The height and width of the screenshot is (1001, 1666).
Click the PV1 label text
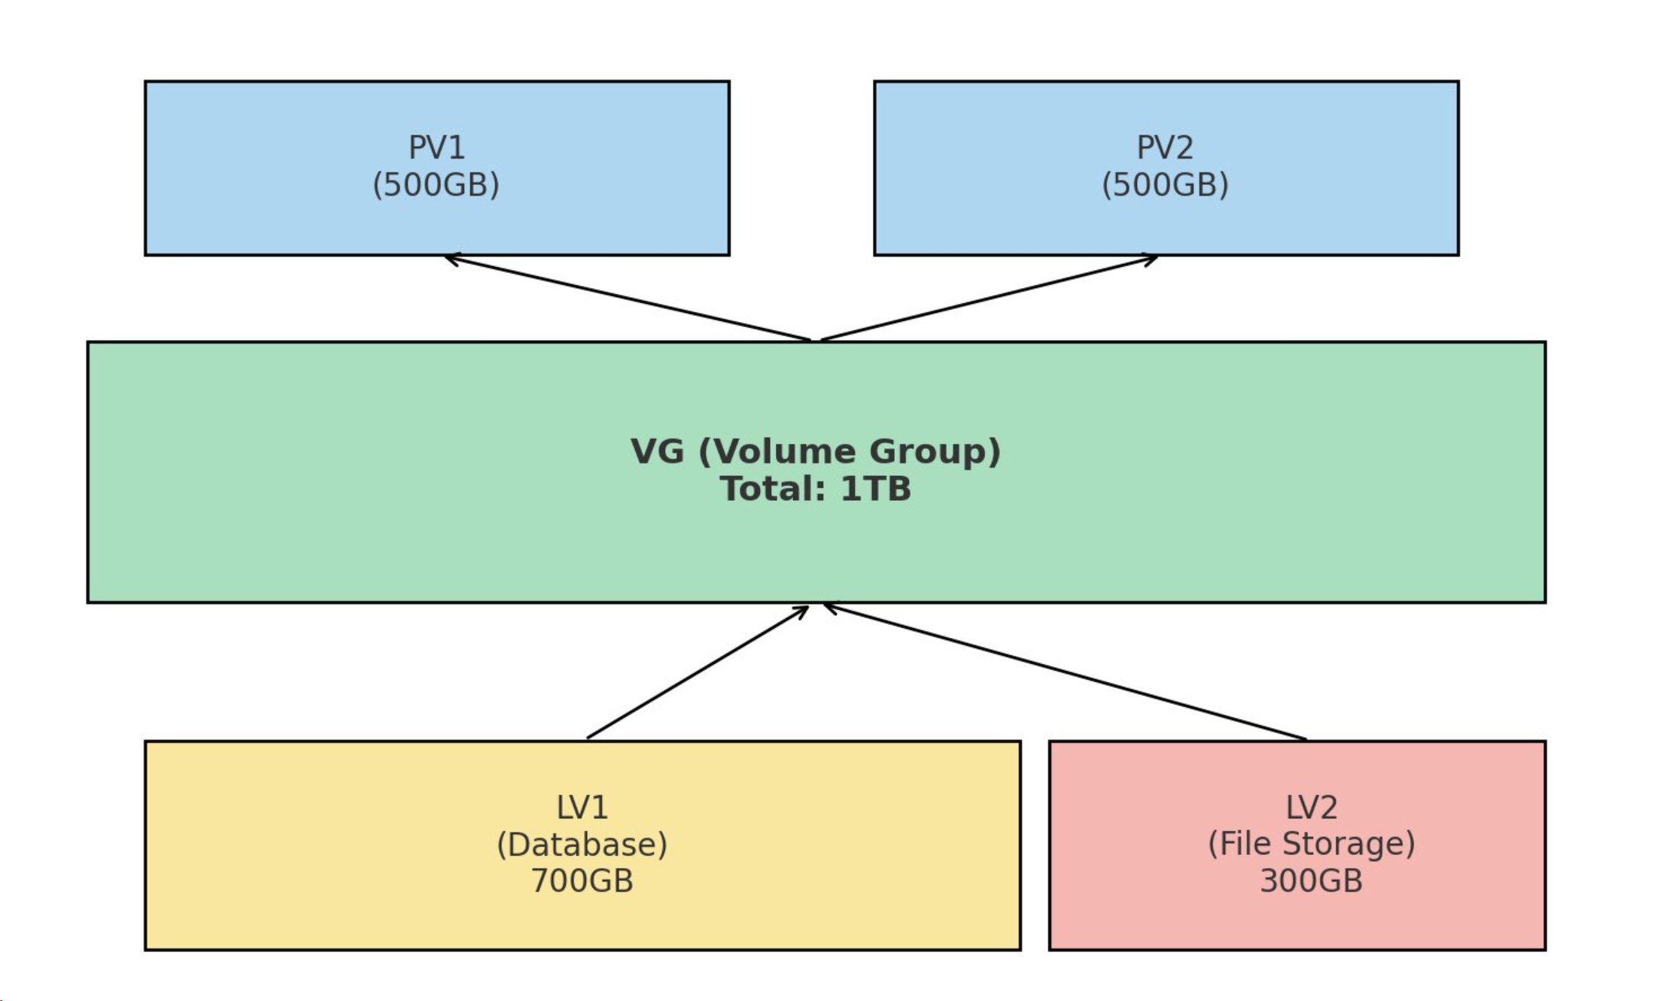[436, 147]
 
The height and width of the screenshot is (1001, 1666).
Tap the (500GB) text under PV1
[436, 185]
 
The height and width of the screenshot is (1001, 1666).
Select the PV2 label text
[1165, 147]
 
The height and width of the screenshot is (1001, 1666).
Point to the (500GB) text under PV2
[1165, 185]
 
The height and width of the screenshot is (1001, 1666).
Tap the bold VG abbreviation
[658, 451]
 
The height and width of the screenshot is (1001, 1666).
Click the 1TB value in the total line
[875, 489]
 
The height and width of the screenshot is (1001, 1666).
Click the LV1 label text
[582, 808]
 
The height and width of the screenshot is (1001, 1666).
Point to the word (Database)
[582, 845]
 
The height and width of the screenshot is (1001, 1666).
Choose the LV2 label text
[1311, 808]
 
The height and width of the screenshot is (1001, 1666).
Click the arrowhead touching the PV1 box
[449, 259]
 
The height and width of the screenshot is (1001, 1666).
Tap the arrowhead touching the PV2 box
[1152, 259]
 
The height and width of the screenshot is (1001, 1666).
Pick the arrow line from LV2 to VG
[1065, 672]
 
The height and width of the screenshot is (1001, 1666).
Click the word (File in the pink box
[1241, 845]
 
